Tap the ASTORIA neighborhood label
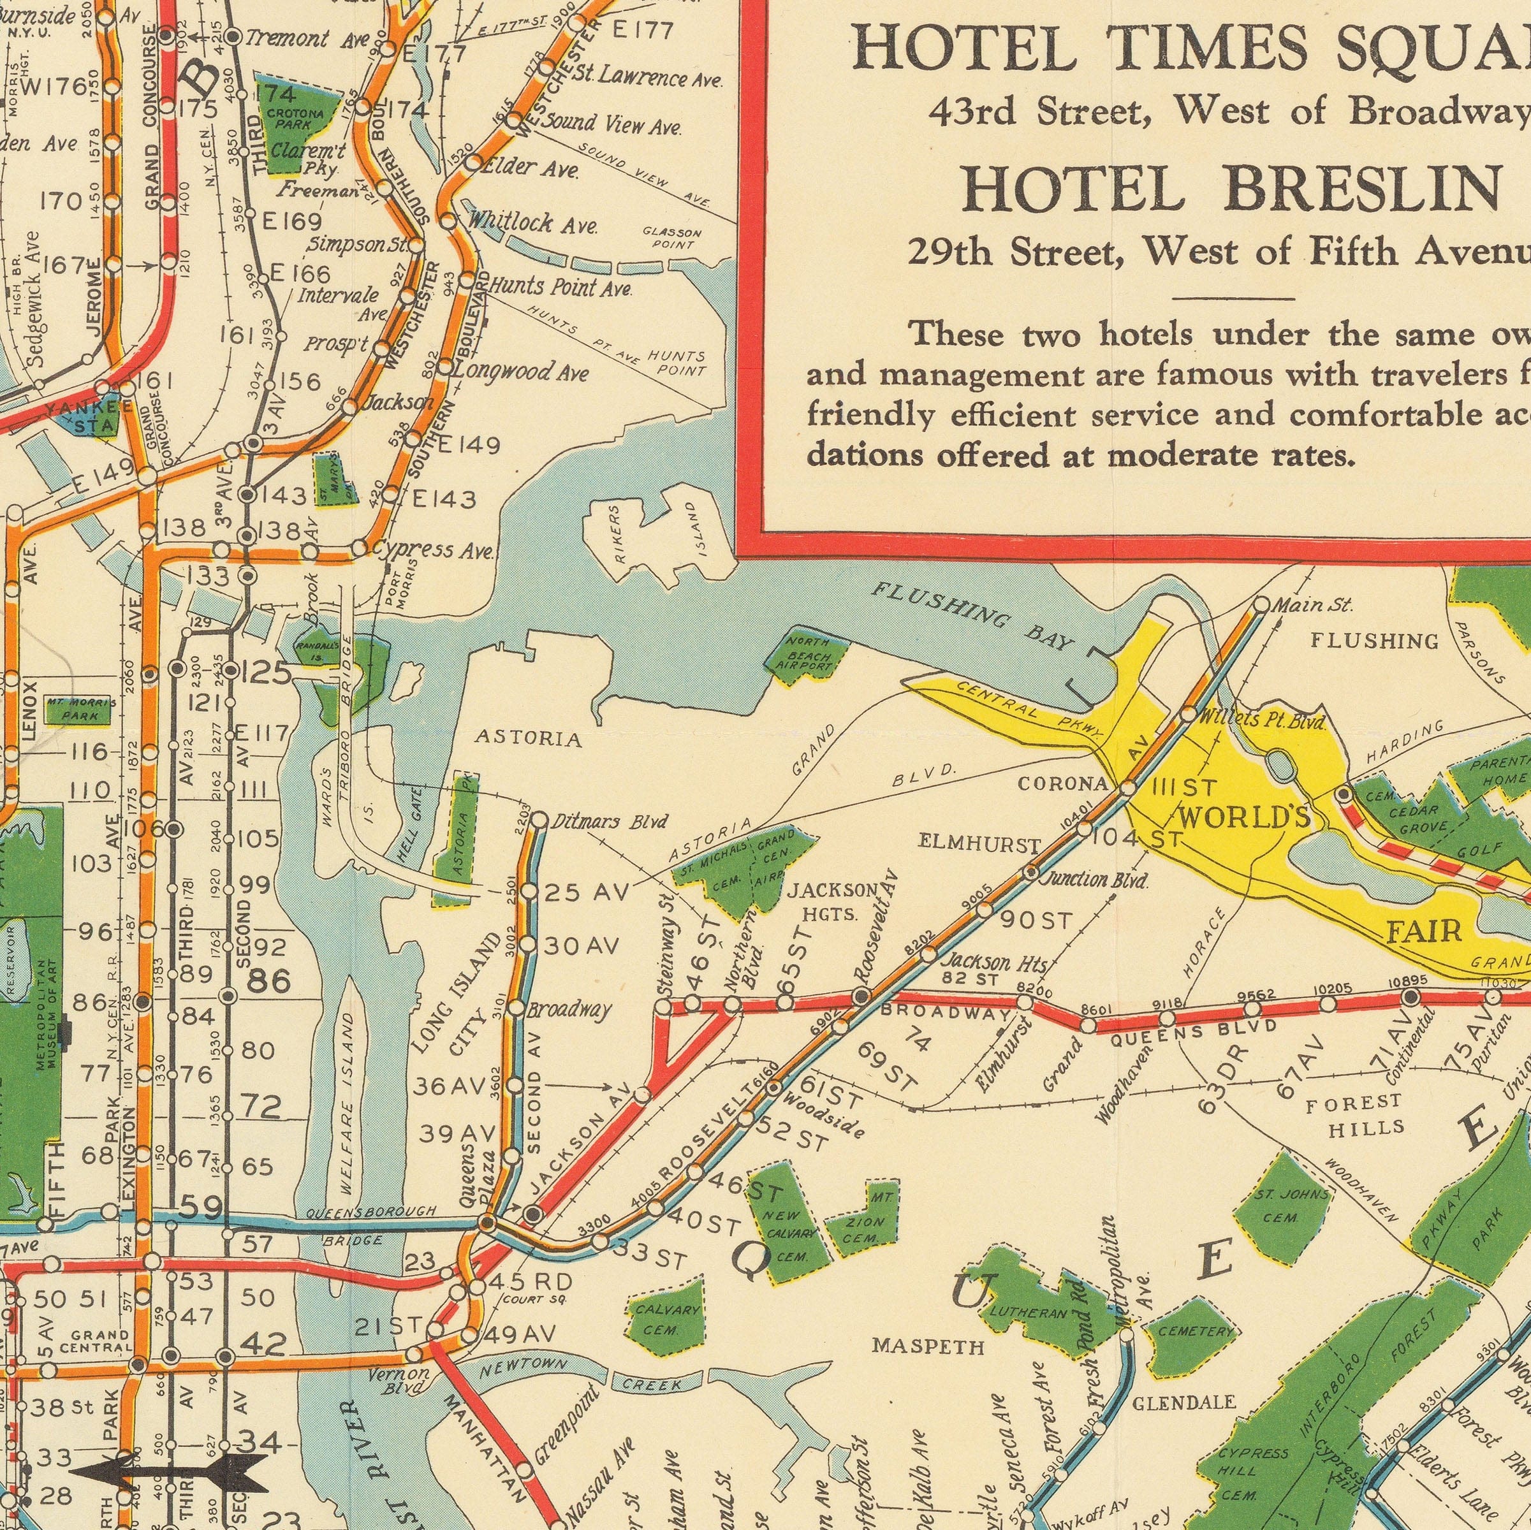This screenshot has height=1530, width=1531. [x=529, y=740]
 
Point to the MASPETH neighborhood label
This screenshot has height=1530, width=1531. [x=928, y=1345]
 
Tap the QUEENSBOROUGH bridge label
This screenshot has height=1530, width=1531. [x=371, y=1213]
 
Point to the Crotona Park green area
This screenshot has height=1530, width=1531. [x=290, y=120]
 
